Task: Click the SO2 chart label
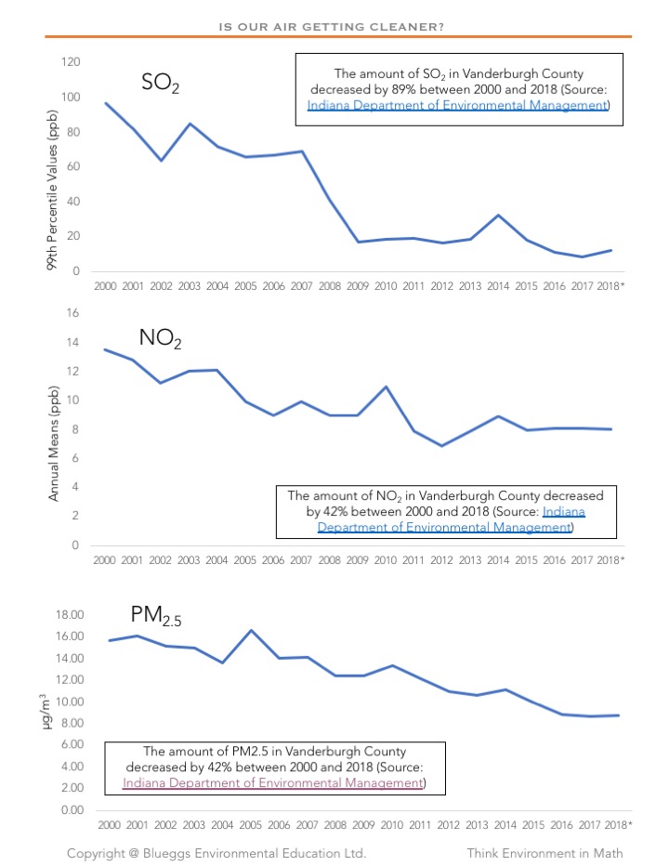point(160,83)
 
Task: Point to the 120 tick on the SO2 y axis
point(71,62)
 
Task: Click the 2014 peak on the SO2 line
point(499,216)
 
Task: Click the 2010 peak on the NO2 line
point(385,387)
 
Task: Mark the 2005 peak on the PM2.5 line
point(250,631)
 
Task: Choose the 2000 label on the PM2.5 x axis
point(106,825)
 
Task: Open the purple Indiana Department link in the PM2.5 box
point(272,783)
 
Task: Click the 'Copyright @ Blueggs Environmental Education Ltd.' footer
point(216,853)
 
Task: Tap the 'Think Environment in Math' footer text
point(544,853)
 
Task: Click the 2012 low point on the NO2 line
point(442,446)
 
